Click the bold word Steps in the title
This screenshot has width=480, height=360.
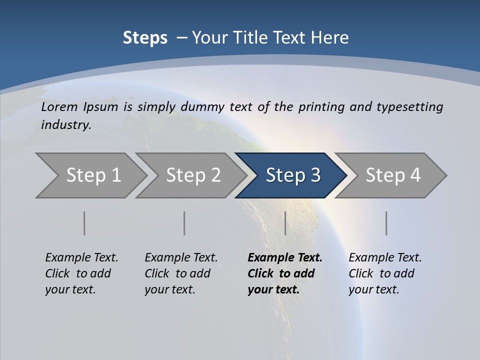coord(145,38)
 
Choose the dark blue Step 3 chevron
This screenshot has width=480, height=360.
coord(293,175)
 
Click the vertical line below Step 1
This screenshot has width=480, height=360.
coord(84,223)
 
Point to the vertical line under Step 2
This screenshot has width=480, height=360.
coord(184,223)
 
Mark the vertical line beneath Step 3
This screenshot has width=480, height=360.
coord(285,223)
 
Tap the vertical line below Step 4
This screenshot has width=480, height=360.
coord(386,223)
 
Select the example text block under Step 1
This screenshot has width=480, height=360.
coord(81,273)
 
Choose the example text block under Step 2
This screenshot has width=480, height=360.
coord(181,273)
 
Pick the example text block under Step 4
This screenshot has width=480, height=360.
coord(385,273)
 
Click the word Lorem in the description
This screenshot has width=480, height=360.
coord(59,106)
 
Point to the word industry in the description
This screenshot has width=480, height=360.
coord(66,125)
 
